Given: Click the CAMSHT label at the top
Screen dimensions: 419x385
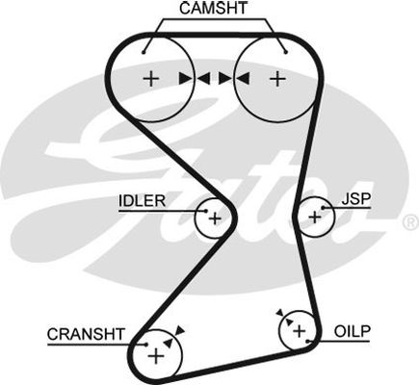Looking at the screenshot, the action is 214,9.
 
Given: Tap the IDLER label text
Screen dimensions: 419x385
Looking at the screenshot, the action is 142,201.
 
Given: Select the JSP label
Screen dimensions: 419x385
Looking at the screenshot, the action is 356,199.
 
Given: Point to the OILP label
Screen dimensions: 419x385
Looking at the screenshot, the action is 353,331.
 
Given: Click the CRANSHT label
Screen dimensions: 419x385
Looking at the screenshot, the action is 86,334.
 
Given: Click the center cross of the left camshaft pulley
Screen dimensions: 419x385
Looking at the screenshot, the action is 150,79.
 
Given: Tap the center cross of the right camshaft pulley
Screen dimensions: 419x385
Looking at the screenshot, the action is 277,79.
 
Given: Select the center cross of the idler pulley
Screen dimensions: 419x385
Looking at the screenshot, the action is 215,218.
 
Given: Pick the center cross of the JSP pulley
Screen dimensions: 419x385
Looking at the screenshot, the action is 315,218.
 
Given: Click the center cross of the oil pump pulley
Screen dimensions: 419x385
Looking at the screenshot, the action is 300,331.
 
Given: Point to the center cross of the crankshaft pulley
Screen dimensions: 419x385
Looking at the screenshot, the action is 156,356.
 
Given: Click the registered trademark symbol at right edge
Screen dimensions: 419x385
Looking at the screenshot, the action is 410,222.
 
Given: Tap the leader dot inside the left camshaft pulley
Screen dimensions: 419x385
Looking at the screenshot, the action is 144,52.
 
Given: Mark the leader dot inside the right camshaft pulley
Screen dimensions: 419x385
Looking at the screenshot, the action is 286,52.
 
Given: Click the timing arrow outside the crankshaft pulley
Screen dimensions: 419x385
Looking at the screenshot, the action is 180,330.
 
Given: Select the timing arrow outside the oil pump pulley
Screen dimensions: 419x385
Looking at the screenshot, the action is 280,312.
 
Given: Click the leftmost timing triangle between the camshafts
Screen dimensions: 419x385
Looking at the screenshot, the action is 185,79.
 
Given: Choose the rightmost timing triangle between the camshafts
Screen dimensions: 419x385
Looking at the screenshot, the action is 243,79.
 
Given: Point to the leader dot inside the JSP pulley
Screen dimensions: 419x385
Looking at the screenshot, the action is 324,208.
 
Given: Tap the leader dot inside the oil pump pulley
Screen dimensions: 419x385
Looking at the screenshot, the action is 307,342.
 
